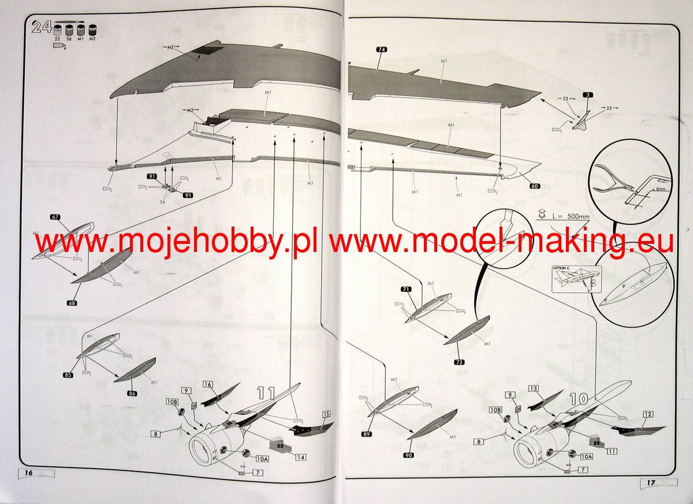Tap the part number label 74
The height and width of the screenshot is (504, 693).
tap(381, 50)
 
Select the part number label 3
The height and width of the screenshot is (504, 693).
tap(586, 94)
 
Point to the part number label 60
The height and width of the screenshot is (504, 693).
tap(535, 187)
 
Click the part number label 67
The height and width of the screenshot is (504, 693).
tap(55, 217)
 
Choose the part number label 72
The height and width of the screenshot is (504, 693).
tap(460, 362)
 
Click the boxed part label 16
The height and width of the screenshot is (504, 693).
tap(208, 384)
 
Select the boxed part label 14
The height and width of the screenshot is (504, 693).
tap(300, 457)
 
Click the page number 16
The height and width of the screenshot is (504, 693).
tap(28, 472)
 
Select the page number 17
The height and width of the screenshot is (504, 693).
tap(650, 482)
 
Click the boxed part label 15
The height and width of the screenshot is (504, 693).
tap(326, 414)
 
